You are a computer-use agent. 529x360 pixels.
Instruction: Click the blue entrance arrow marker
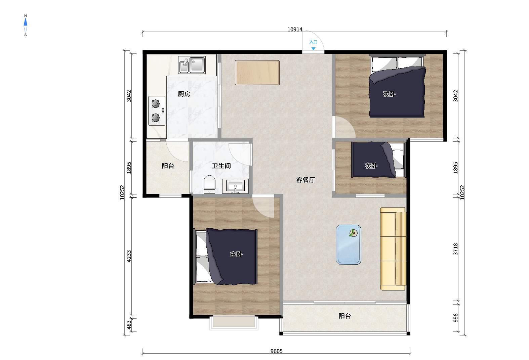coord(313,49)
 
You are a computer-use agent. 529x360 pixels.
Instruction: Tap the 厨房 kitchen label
coord(184,94)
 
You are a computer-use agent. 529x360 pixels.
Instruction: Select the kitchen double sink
coord(192,65)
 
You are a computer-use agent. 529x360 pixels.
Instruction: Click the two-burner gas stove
coord(157,110)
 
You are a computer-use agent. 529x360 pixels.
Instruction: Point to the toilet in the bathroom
coord(209,184)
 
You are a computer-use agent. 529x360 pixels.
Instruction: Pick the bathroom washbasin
coord(235,186)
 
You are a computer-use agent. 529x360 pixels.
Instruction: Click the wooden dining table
coord(257,73)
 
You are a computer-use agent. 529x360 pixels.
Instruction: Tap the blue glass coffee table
coord(349,244)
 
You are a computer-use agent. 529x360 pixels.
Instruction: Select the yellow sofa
coord(393,249)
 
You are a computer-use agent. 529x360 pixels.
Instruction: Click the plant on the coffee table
coord(353,233)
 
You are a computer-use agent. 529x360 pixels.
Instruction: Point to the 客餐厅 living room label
coord(306,180)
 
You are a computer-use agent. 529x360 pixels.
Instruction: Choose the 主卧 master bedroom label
coord(236,254)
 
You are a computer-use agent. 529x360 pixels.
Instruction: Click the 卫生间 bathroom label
coord(221,166)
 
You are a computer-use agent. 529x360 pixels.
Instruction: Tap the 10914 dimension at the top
coord(295,30)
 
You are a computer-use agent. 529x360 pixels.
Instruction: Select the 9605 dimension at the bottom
coord(277,351)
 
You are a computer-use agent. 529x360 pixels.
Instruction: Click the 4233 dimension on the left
coord(129,256)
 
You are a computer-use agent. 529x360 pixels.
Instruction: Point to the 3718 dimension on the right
coord(455,249)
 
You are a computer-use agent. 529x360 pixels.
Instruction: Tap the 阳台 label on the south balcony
coord(344,316)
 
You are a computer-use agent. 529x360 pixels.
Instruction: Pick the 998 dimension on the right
coord(455,318)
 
